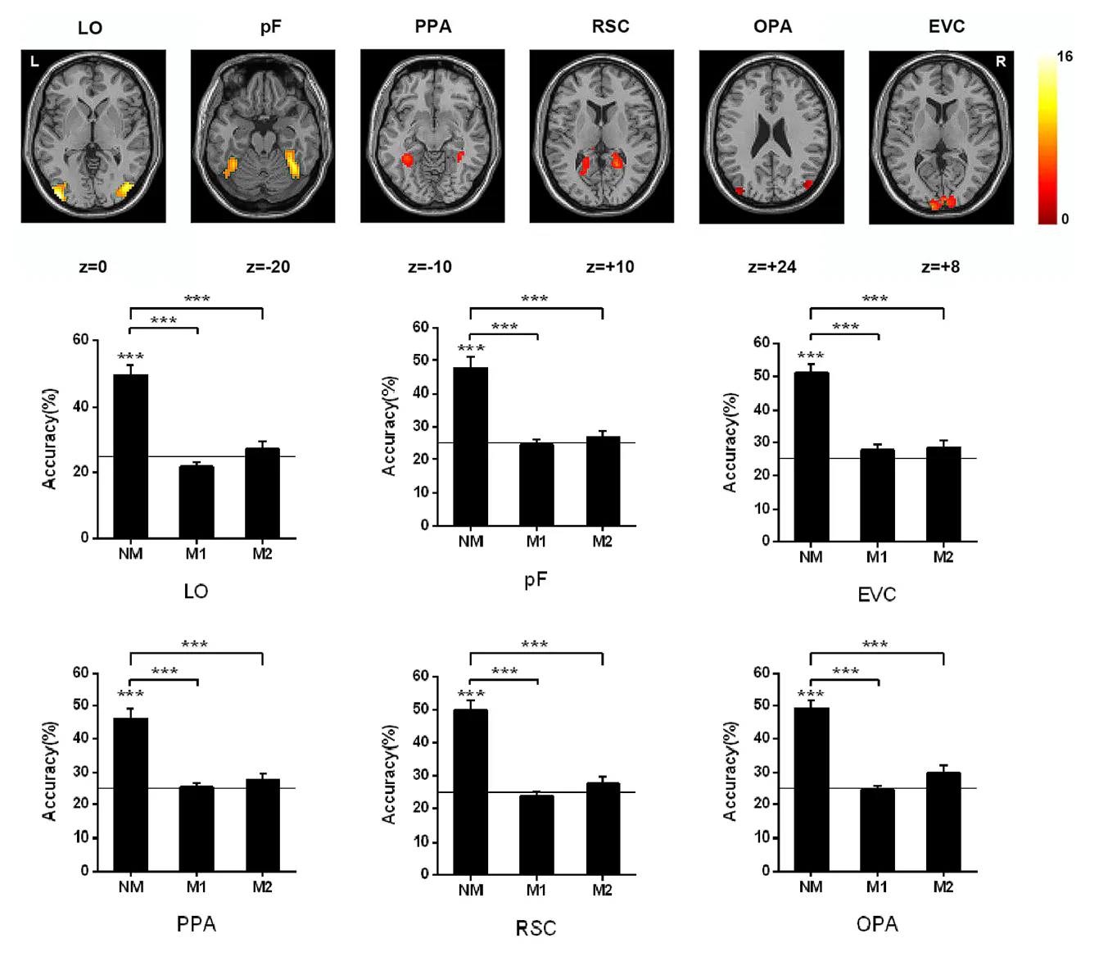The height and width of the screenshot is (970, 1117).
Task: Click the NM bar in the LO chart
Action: coord(130,456)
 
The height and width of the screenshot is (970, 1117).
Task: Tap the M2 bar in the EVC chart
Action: coord(943,494)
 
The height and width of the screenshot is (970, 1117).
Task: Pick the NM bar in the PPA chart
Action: coord(130,794)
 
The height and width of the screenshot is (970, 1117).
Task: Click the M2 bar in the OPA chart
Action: coord(943,821)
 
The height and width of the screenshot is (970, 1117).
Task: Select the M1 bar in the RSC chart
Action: coord(536,834)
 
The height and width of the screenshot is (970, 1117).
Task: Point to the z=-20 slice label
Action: coord(268,267)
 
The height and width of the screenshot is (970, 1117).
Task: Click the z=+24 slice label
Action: coord(771,267)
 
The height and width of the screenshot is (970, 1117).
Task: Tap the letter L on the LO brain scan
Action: coord(34,61)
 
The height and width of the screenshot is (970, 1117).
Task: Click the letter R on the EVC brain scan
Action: coord(1000,61)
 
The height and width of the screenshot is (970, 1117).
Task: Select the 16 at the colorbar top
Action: coord(1064,57)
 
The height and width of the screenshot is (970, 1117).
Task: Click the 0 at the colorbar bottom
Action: coord(1065,219)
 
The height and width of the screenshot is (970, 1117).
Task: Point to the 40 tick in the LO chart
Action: coord(80,406)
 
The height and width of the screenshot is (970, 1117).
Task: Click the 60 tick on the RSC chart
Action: coord(420,676)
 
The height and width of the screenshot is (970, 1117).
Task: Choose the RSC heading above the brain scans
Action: coord(610,26)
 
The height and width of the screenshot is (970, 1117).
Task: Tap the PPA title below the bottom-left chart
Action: coord(197,924)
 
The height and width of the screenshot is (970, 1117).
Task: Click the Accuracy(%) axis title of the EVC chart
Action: coord(730,442)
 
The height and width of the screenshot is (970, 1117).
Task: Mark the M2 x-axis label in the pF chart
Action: coord(602,542)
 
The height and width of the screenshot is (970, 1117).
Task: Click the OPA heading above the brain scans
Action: coord(772,26)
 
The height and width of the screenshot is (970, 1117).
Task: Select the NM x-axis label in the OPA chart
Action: coord(811,886)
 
